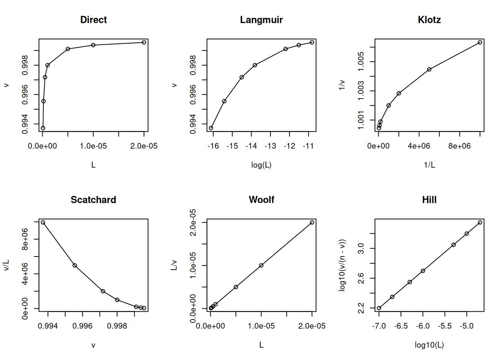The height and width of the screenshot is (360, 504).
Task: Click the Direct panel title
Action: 93,20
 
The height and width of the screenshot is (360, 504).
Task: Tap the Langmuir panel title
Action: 261,20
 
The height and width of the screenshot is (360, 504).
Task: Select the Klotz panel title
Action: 429,20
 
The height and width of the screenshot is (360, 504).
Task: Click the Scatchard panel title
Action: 93,200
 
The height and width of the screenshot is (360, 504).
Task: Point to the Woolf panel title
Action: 261,200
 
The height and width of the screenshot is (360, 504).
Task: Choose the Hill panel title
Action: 429,200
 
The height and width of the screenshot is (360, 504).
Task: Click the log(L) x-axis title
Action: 261,165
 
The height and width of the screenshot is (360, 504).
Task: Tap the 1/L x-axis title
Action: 429,165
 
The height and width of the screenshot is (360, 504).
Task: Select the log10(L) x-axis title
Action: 429,345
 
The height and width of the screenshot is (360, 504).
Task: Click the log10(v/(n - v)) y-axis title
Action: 342,265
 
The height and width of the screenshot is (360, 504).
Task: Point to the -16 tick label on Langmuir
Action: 213,146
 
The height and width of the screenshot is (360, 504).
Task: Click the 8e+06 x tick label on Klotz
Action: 459,146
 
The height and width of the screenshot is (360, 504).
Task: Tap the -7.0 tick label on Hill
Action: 379,326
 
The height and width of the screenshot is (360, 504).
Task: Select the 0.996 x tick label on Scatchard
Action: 82,326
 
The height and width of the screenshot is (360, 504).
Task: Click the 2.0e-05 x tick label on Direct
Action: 144,146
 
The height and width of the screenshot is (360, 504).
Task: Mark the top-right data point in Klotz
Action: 480,42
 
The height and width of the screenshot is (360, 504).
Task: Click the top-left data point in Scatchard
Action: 43,222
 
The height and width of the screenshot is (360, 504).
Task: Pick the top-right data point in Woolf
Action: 312,222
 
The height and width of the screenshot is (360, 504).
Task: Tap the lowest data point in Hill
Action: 379,308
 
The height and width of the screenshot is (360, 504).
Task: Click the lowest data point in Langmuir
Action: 211,128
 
